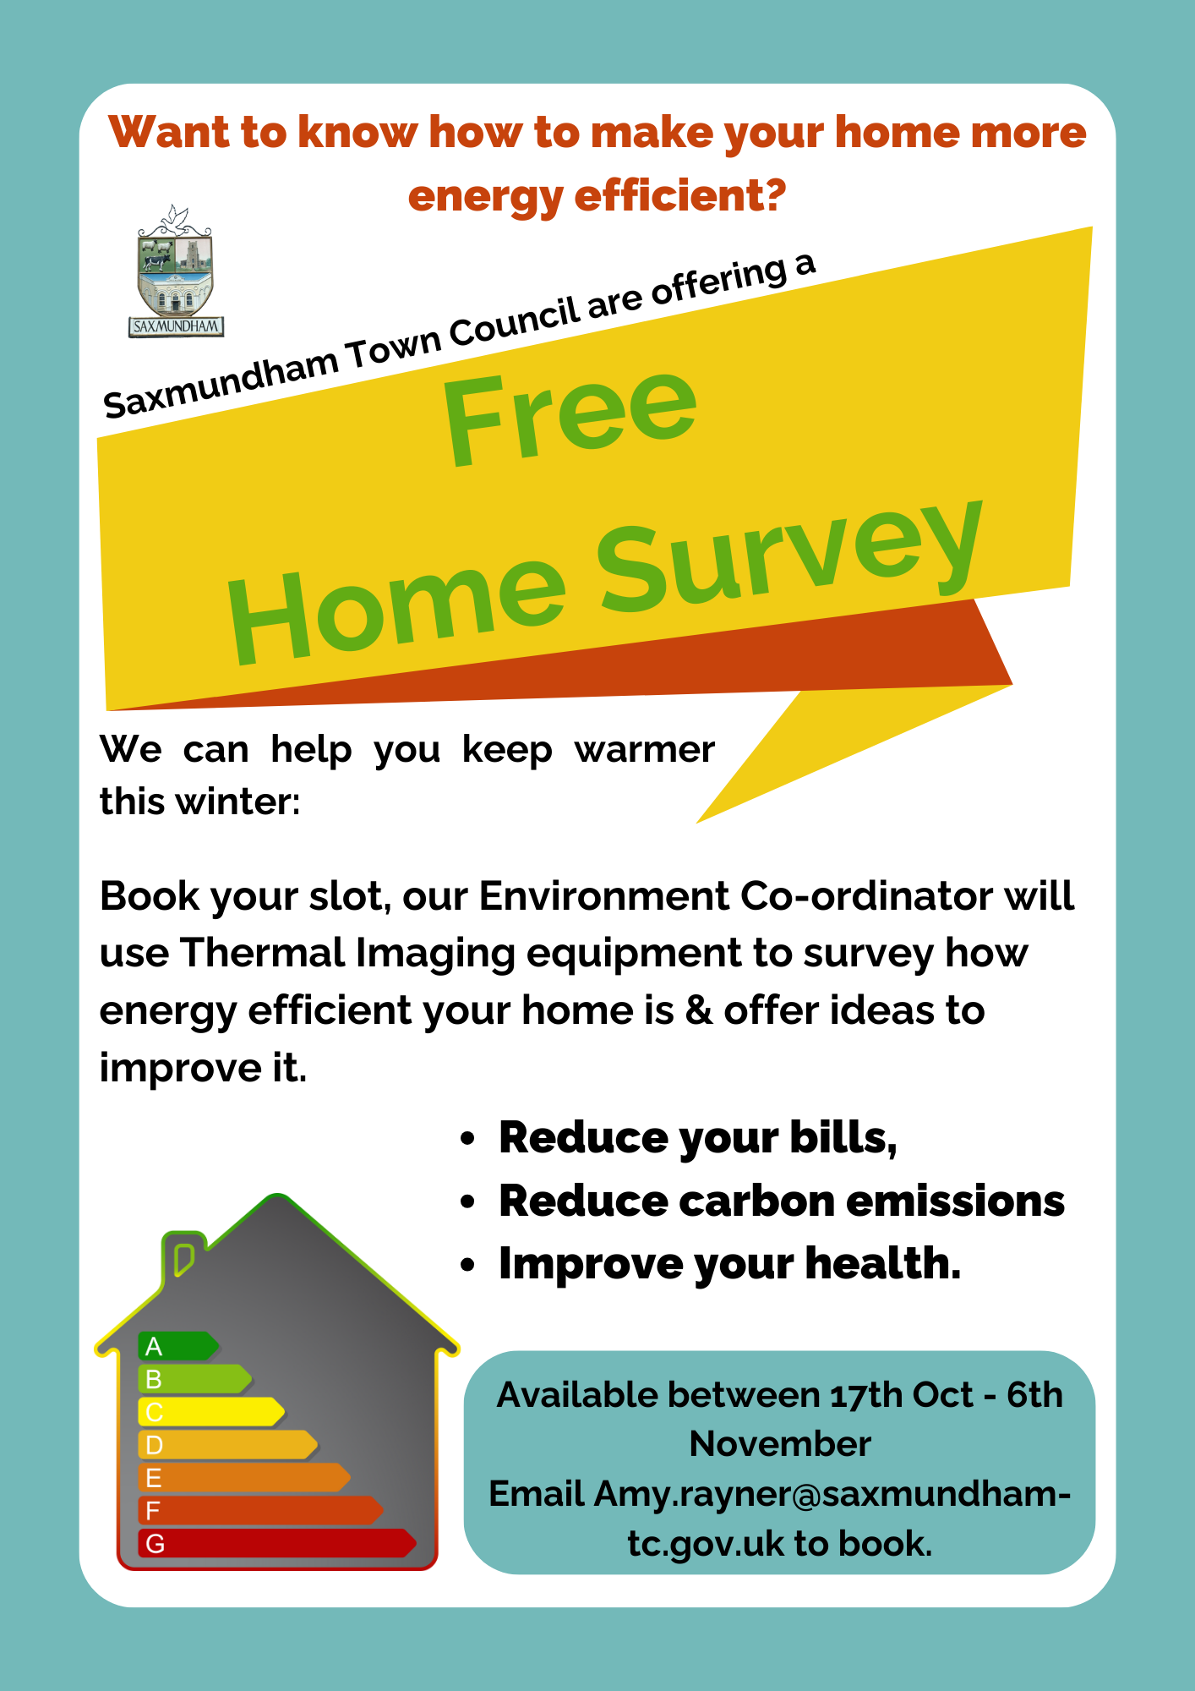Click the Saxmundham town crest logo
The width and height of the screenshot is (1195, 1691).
[177, 271]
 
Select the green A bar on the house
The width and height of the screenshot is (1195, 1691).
[178, 1346]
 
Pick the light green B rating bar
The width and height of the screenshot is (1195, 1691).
[195, 1379]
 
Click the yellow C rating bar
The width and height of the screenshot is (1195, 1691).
[211, 1412]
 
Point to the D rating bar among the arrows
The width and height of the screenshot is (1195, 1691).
[228, 1445]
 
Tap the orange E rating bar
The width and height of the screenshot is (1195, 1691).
[244, 1478]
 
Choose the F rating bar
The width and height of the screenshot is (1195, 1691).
[261, 1511]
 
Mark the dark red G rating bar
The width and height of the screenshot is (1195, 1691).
[277, 1544]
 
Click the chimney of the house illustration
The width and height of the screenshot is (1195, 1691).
[183, 1260]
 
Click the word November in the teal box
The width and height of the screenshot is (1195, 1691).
[780, 1444]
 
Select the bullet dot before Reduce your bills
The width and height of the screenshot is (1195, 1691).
[468, 1139]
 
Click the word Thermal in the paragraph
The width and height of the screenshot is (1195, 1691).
[263, 953]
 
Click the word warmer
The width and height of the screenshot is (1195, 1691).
[645, 750]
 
